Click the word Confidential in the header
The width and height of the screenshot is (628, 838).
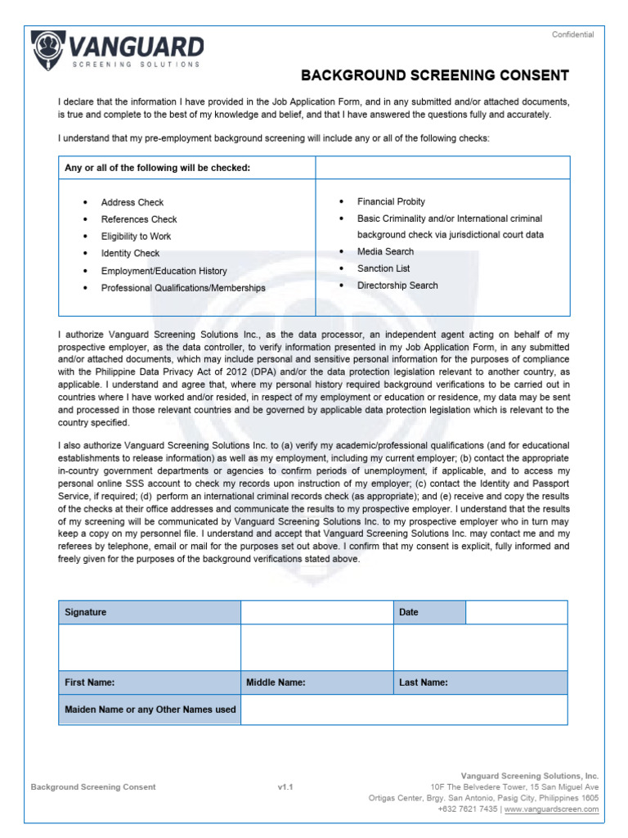coord(572,34)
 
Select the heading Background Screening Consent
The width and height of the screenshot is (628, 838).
coord(435,76)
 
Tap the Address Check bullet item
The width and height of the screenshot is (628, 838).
coord(132,202)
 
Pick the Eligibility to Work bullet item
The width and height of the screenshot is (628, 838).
coord(136,237)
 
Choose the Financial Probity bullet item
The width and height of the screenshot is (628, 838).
coord(391,201)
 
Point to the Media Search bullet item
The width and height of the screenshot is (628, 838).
coord(385,251)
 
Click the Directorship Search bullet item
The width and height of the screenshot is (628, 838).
coord(397,286)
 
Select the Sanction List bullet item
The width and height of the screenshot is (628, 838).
coord(384,268)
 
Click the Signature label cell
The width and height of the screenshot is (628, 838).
coord(149,612)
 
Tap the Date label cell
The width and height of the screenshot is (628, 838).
coord(429,612)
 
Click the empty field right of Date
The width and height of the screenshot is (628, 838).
coord(516,612)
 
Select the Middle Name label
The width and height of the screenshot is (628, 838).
coord(276,683)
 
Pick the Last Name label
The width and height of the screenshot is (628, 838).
coord(423,683)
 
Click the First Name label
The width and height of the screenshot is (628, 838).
coord(90,683)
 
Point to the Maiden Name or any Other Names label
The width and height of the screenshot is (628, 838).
coord(150,710)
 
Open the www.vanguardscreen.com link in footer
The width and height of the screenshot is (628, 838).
coord(551,809)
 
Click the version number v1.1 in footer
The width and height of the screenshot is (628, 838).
coord(285,787)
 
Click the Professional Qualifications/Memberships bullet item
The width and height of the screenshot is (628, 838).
coord(182,288)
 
